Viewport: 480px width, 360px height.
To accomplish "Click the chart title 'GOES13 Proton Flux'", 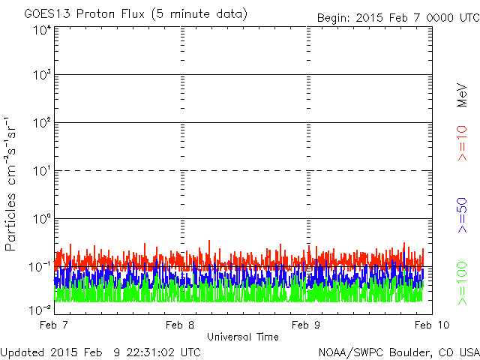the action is pyautogui.click(x=85, y=13).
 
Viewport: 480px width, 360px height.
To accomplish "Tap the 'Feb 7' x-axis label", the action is pyautogui.click(x=54, y=325).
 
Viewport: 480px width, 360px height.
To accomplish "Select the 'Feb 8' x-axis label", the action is pyautogui.click(x=180, y=325).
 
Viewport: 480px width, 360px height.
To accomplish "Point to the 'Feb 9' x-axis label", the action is pyautogui.click(x=306, y=325).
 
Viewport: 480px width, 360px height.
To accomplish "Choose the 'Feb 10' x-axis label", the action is pyautogui.click(x=432, y=325).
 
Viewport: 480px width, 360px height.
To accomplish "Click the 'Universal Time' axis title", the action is pyautogui.click(x=243, y=337).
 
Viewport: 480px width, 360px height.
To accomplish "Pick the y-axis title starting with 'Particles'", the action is pyautogui.click(x=10, y=184).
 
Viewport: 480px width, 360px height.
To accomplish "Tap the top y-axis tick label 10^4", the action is pyautogui.click(x=42, y=31).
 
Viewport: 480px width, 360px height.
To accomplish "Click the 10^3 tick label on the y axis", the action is pyautogui.click(x=42, y=74).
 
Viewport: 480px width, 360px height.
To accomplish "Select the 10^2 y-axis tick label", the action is pyautogui.click(x=42, y=123).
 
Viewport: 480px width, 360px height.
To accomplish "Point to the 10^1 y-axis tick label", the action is pyautogui.click(x=42, y=171).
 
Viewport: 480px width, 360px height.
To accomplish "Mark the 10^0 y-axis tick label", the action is pyautogui.click(x=42, y=219).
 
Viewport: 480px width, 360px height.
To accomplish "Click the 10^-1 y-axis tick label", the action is pyautogui.click(x=40, y=267).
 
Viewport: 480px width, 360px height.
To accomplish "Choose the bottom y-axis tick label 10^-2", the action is pyautogui.click(x=40, y=310).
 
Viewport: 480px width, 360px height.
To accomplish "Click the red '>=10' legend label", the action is pyautogui.click(x=462, y=143).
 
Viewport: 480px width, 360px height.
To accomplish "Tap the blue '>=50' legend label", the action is pyautogui.click(x=462, y=215).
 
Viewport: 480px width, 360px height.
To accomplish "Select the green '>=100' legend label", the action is pyautogui.click(x=462, y=283).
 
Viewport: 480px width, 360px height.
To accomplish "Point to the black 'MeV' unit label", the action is pyautogui.click(x=462, y=95).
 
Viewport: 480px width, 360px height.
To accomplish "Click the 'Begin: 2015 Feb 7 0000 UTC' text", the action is pyautogui.click(x=398, y=18).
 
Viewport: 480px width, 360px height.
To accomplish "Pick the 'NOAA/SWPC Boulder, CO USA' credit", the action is pyautogui.click(x=399, y=352).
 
